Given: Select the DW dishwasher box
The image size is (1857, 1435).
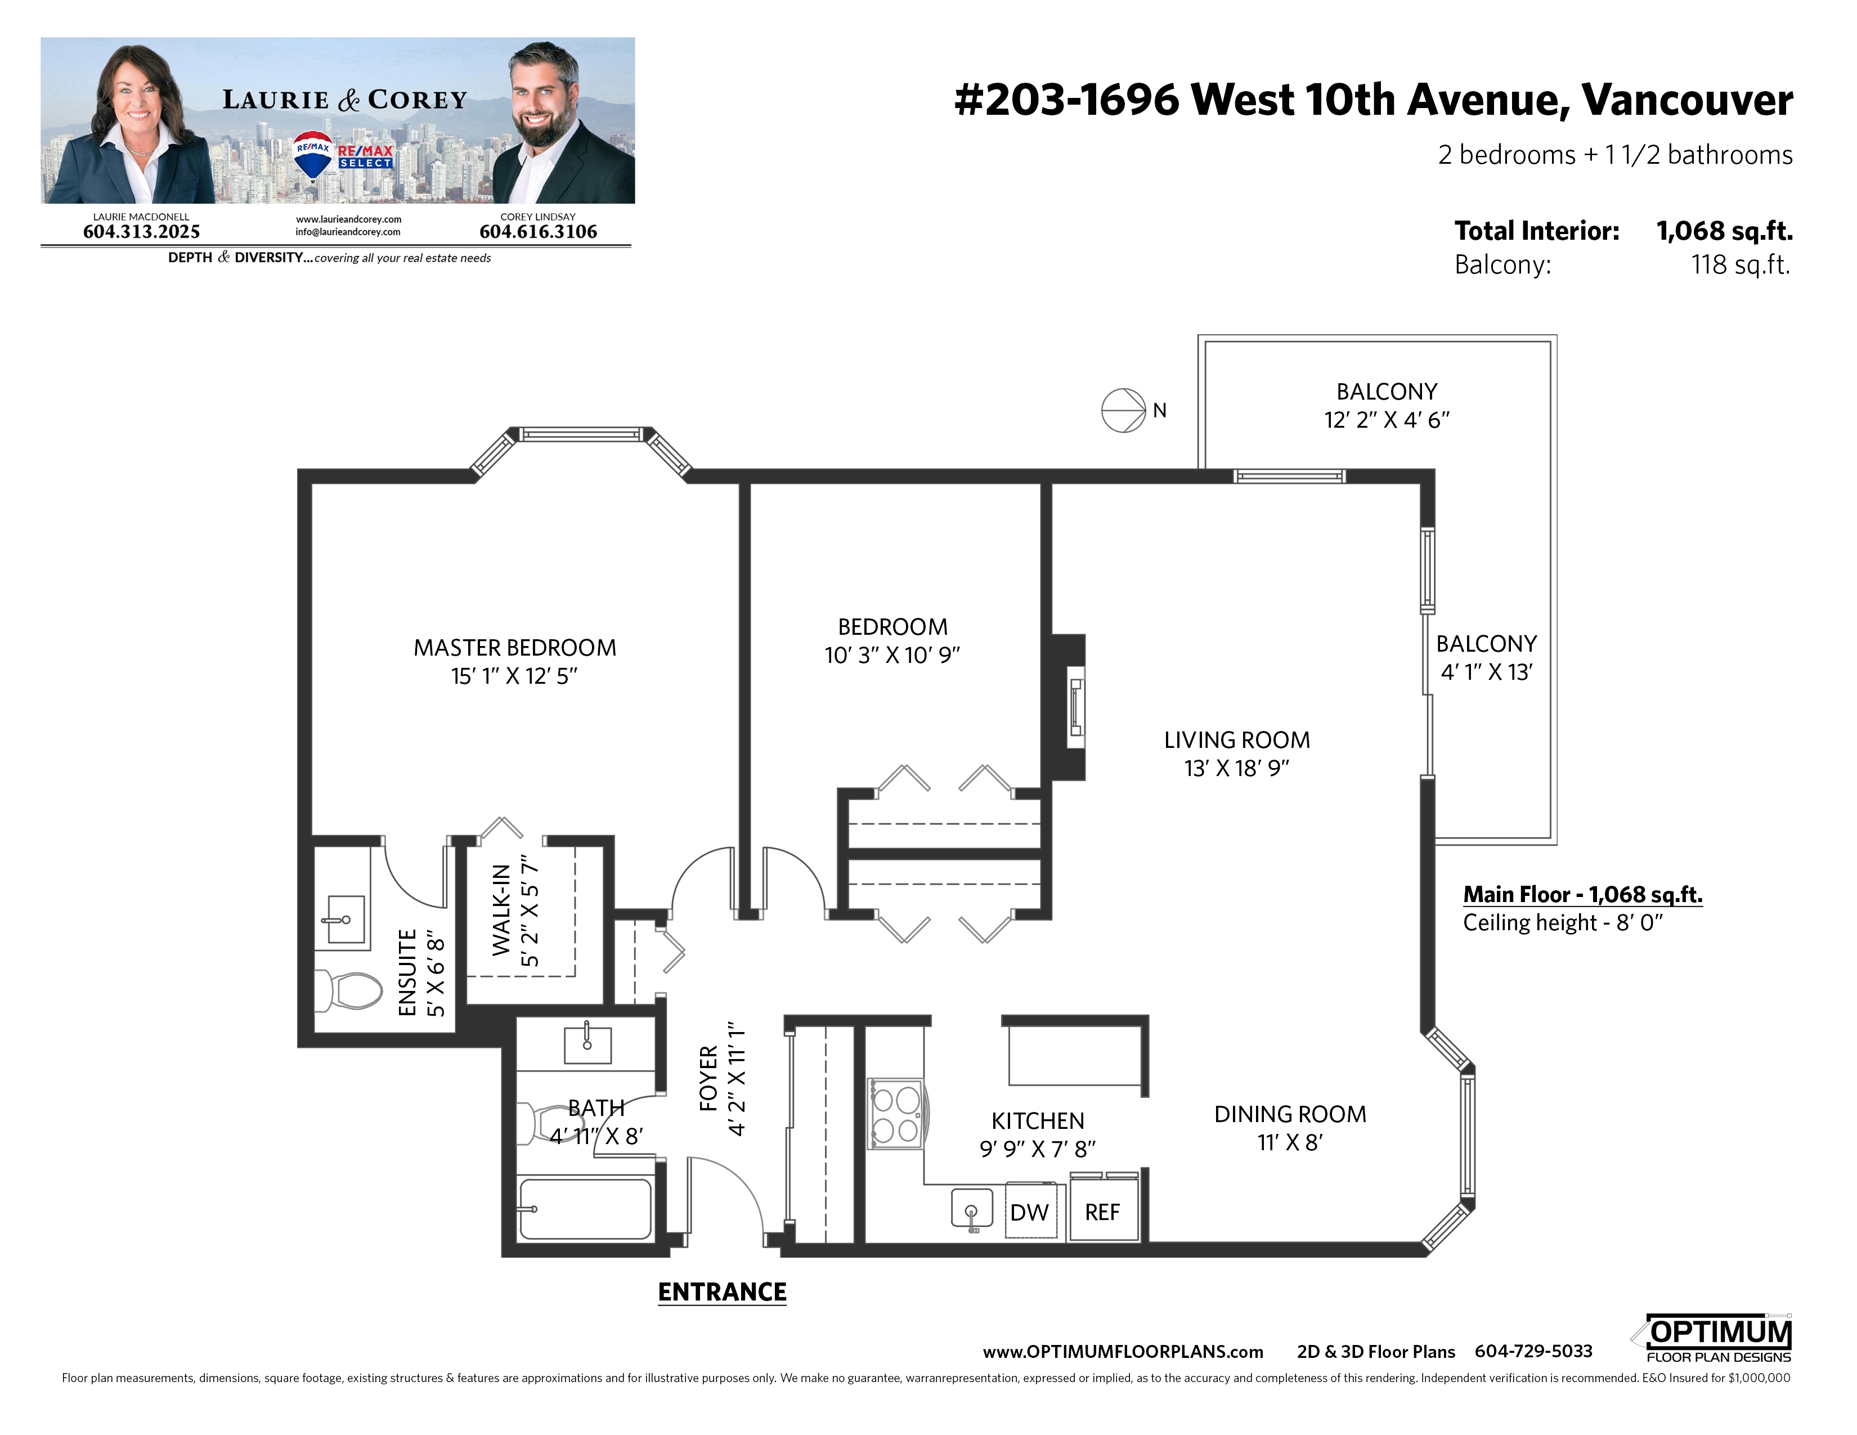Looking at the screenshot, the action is click(x=1030, y=1210).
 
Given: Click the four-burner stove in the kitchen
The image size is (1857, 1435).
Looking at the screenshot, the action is click(x=895, y=1114).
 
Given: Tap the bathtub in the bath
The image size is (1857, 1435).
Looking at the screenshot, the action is click(x=586, y=1208).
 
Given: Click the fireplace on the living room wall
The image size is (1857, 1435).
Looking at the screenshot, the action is click(x=1069, y=707).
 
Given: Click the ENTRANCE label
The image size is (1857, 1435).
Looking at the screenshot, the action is click(x=722, y=1292).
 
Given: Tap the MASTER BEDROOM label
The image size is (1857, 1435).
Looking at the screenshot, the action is click(x=515, y=648).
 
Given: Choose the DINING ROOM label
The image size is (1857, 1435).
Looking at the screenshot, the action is click(x=1290, y=1114).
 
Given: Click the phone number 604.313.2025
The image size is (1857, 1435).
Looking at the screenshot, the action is click(x=141, y=232).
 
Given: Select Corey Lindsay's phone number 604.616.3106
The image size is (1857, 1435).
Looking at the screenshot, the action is click(x=538, y=232).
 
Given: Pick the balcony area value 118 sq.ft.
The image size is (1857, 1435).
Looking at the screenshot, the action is click(x=1741, y=265).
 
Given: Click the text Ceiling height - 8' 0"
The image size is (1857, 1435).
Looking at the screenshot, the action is click(x=1563, y=923).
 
